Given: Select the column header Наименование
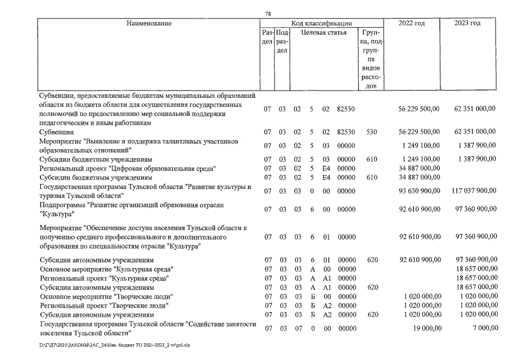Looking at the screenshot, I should point(148,24).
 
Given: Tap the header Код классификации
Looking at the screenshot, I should point(321,24).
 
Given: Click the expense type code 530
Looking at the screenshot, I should point(371,132).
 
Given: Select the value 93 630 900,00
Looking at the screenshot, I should point(419,191).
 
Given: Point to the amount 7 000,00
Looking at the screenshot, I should point(482,328).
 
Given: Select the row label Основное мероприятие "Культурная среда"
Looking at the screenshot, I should point(106,269).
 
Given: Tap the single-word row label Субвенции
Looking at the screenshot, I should point(55,132).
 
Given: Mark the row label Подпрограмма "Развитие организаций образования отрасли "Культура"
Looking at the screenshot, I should point(131,209).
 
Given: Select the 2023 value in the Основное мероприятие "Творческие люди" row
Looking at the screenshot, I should point(476,296).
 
